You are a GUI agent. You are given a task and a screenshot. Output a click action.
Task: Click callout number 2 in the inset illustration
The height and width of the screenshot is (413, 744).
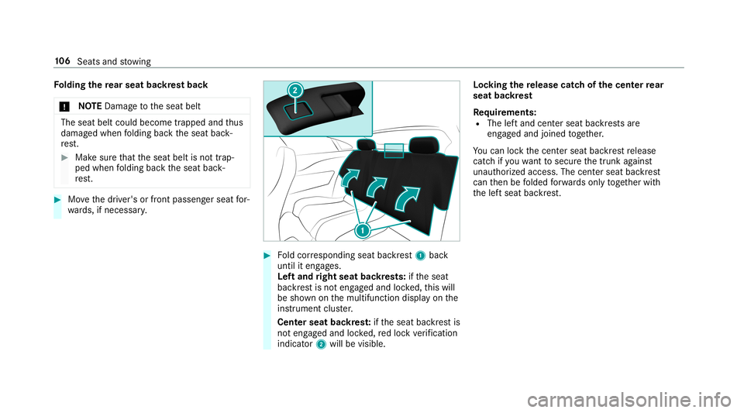[x=295, y=91]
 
